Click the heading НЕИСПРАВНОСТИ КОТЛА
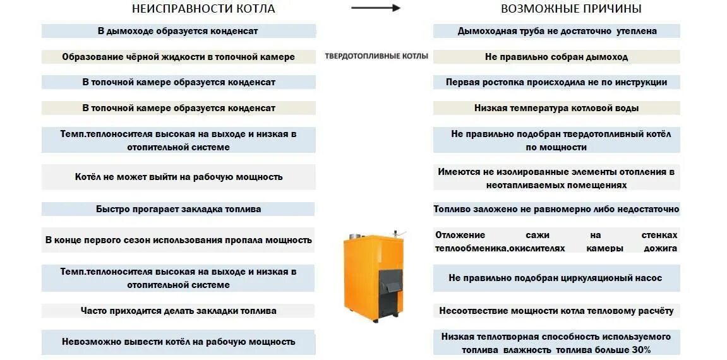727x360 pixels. (x=203, y=9)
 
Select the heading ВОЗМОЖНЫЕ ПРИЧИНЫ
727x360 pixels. (x=571, y=9)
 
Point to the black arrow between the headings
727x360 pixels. (x=376, y=8)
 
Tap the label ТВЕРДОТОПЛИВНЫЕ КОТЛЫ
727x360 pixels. (x=376, y=56)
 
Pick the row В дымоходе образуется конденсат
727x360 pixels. (x=178, y=31)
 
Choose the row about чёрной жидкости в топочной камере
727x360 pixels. (x=178, y=57)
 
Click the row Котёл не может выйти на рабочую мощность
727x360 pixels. (x=178, y=177)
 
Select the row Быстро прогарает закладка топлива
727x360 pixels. (x=178, y=209)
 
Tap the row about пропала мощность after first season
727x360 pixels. (x=178, y=240)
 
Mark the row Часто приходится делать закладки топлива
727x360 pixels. (x=178, y=311)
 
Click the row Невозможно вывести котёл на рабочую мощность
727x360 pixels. (x=178, y=342)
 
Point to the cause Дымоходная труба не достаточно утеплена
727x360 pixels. (x=556, y=31)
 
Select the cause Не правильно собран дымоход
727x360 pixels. (x=556, y=57)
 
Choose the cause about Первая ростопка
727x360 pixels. (x=556, y=82)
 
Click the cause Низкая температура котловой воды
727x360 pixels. (x=556, y=108)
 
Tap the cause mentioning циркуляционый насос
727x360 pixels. (x=556, y=278)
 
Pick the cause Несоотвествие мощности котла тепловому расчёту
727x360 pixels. (x=556, y=311)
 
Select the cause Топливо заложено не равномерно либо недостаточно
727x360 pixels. (x=556, y=209)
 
